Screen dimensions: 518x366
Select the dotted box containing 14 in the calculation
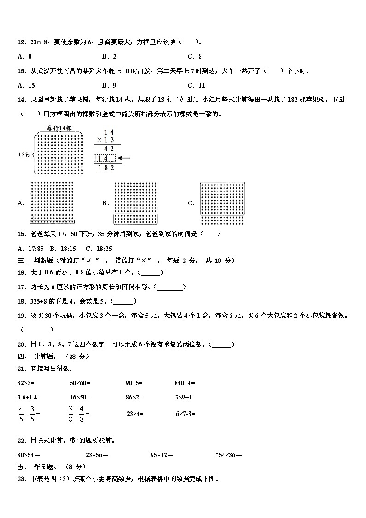pyautogui.click(x=106, y=158)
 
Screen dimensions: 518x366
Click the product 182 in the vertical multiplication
pyautogui.click(x=106, y=168)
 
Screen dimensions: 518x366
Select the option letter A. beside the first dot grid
pyautogui.click(x=21, y=203)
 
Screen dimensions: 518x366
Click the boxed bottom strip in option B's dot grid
pyautogui.click(x=136, y=219)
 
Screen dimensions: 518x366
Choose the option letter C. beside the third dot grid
pyautogui.click(x=191, y=203)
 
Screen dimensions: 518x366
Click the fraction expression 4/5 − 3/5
pyautogui.click(x=29, y=414)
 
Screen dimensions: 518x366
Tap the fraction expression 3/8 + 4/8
pyautogui.click(x=78, y=414)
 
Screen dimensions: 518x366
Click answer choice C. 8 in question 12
pyautogui.click(x=195, y=56)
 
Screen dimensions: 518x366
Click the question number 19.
pyautogui.click(x=21, y=316)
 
